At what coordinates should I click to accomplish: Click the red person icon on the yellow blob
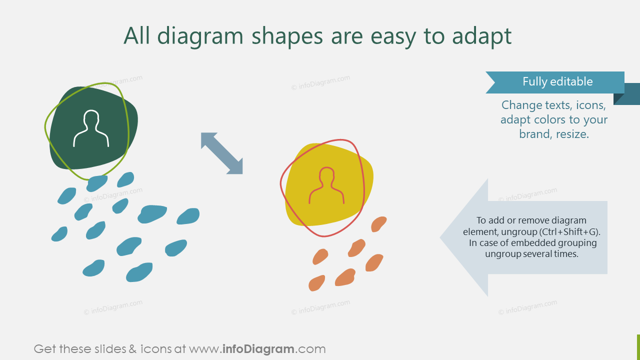[x=326, y=186]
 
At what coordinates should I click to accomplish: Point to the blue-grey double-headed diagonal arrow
[x=221, y=153]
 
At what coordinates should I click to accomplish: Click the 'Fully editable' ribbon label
[x=557, y=82]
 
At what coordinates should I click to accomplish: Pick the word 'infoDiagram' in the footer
[x=257, y=349]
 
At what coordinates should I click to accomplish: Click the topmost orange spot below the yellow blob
[x=379, y=224]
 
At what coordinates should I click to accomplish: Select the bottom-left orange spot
[x=316, y=283]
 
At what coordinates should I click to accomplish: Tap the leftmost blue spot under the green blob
[x=59, y=234]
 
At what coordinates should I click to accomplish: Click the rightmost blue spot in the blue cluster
[x=188, y=216]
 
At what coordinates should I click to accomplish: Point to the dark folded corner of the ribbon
[x=619, y=99]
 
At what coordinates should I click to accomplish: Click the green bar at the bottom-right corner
[x=638, y=347]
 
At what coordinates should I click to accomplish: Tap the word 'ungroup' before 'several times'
[x=504, y=254]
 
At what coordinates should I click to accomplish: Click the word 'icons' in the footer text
[x=154, y=349]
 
